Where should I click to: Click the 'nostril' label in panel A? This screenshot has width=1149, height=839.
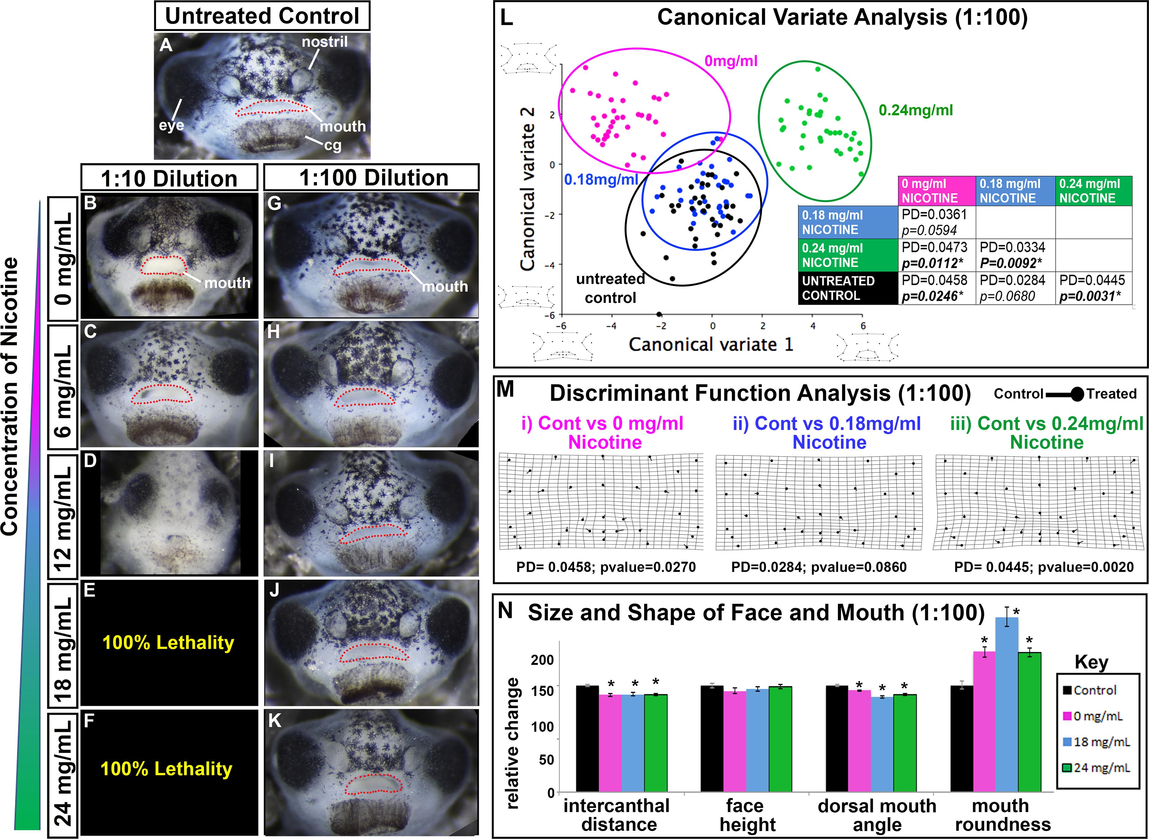[325, 42]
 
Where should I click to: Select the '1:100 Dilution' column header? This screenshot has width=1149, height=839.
[374, 178]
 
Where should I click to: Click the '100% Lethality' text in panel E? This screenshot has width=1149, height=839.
[168, 642]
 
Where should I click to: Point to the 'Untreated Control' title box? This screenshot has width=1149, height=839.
[262, 16]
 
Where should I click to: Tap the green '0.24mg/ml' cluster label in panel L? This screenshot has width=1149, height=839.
[916, 110]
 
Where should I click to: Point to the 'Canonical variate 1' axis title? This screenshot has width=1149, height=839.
[711, 345]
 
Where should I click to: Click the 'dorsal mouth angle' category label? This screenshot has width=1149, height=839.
[877, 815]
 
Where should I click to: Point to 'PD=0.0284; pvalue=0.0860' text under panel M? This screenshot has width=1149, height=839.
[819, 567]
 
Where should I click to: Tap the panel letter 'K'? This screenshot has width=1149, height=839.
[275, 721]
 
